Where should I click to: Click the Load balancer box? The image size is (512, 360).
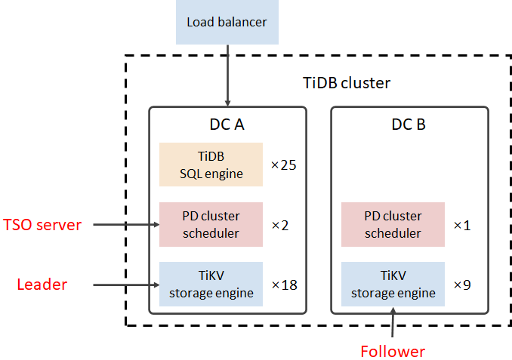coord(227,22)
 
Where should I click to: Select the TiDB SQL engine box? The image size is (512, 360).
coord(211,165)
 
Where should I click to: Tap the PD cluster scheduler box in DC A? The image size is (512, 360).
coord(211,224)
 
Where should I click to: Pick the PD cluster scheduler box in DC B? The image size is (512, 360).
coord(393,224)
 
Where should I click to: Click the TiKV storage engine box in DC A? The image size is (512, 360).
coord(211,284)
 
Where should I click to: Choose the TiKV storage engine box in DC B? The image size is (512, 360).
coord(393,284)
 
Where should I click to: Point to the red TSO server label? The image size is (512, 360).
coord(42,224)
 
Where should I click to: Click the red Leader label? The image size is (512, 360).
coord(42,285)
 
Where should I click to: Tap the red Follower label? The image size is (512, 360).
coord(393,351)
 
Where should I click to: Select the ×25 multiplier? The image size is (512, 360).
coord(283,165)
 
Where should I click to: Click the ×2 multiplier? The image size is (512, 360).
coord(279,224)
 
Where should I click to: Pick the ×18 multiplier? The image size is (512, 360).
coord(283,285)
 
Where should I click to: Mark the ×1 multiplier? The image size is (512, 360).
coord(461,224)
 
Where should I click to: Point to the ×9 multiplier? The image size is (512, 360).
coord(461,285)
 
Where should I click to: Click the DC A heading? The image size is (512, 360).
coord(226,124)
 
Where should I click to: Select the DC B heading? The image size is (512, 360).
coord(409,124)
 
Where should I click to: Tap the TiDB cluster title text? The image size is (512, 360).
coord(341,83)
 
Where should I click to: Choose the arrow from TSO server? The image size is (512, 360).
coord(124,224)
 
